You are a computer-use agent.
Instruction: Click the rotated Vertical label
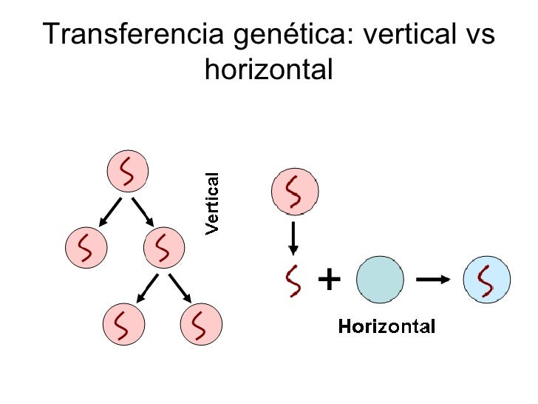pos(212,203)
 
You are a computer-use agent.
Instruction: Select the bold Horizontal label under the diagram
pos(387,326)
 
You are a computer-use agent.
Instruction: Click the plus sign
pos(329,280)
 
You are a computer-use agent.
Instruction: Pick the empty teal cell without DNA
pos(380,280)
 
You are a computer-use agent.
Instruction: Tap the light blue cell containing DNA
pos(486,279)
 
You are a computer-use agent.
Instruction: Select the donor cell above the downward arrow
pos(295,192)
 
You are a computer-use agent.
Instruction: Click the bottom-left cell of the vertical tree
pos(125,323)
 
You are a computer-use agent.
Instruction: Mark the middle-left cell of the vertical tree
pos(87,248)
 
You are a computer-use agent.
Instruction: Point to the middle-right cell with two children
pos(163,248)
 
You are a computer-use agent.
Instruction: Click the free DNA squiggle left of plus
pos(294,281)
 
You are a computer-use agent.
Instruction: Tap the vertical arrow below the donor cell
pos(293,237)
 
